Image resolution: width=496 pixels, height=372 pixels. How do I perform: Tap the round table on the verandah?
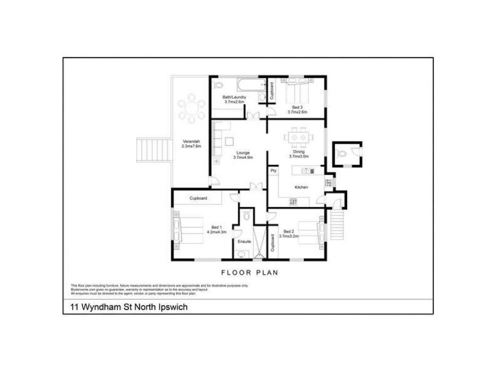pyautogui.click(x=190, y=111)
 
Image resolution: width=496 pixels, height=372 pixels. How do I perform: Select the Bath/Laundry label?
pyautogui.click(x=234, y=100)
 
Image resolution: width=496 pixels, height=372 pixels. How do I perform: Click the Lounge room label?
pyautogui.click(x=242, y=154)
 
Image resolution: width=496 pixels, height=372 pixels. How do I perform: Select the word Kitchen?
pyautogui.click(x=302, y=187)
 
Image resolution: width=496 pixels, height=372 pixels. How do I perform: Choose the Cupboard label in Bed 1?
pyautogui.click(x=198, y=198)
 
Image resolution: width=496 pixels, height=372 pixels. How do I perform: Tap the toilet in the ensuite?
pyautogui.click(x=247, y=216)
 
